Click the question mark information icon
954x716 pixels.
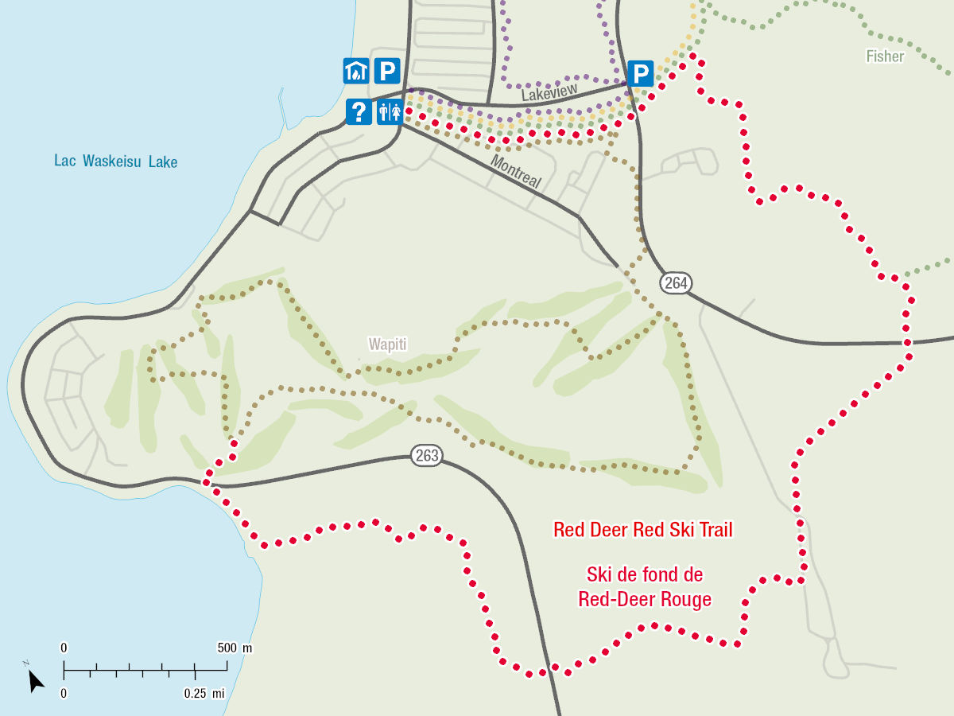[x=359, y=111]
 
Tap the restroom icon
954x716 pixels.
[x=388, y=111]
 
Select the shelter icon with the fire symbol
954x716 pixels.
[x=355, y=72]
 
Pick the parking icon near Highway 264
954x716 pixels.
[x=640, y=75]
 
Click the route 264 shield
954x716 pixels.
[x=676, y=282]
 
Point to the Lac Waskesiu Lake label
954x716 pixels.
[x=116, y=161]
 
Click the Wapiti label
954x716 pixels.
[x=387, y=344]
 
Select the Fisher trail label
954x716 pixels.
[x=885, y=56]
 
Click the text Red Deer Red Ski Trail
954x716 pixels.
[x=642, y=530]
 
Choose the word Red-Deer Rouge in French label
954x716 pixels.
[x=645, y=600]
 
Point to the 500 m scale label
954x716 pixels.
[x=235, y=648]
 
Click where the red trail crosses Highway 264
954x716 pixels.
[x=906, y=342]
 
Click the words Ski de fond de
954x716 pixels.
[x=645, y=574]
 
